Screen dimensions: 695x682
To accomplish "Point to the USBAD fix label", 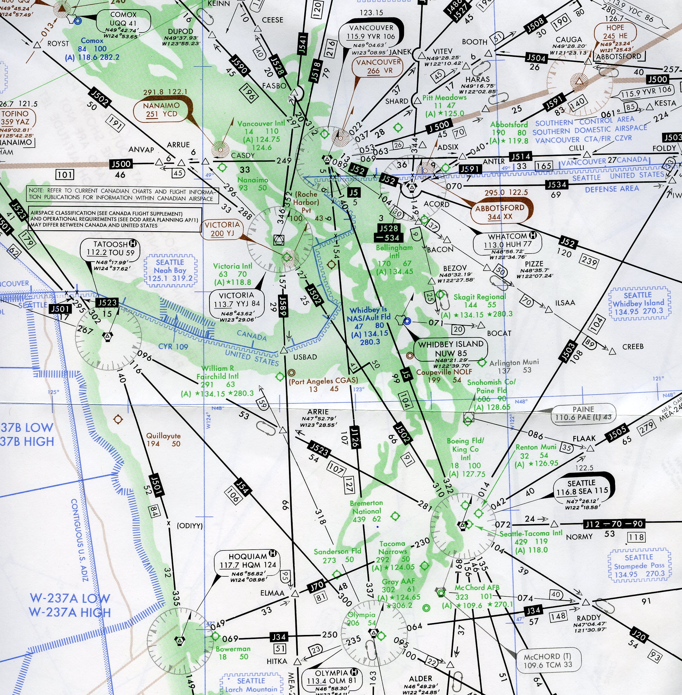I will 305,357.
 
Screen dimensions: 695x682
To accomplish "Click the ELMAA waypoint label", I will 272,593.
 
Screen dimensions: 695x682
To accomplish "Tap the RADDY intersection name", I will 588,618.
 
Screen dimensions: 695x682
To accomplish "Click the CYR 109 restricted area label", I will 173,347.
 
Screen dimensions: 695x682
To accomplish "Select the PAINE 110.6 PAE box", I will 583,414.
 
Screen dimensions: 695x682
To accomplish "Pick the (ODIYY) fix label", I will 190,526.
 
